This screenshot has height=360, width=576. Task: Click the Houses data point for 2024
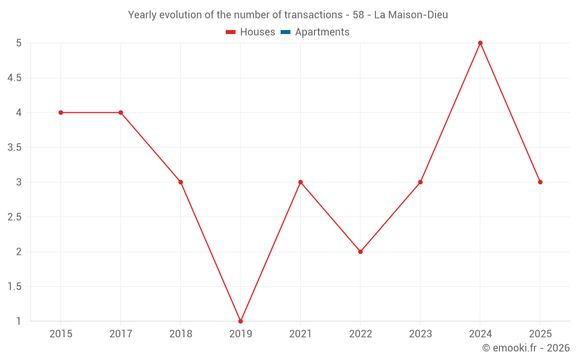[480, 43]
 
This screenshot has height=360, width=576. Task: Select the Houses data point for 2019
[240, 321]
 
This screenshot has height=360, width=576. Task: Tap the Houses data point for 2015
[60, 112]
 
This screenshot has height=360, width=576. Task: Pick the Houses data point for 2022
[361, 252]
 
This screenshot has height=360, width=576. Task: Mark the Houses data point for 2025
[540, 182]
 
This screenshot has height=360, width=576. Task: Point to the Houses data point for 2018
[180, 182]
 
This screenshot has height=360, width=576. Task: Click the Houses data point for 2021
[300, 182]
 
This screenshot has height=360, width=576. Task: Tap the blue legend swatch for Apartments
[286, 32]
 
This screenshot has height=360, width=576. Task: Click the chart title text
[287, 15]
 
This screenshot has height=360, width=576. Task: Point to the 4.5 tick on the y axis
[14, 78]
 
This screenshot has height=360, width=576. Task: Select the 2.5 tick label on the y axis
[14, 217]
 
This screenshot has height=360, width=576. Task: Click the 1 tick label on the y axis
[18, 321]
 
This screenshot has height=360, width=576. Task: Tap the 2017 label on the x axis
[120, 334]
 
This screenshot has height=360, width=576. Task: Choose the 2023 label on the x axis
[420, 334]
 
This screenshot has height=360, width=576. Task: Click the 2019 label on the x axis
[240, 334]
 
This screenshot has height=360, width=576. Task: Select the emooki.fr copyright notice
[525, 348]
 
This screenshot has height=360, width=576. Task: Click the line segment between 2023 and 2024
[450, 113]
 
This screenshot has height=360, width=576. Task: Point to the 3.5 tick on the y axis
[14, 147]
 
